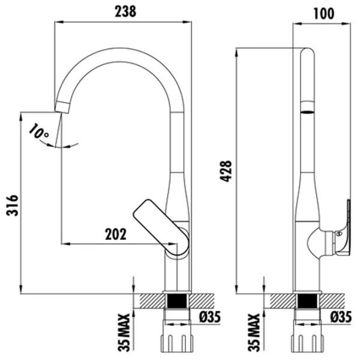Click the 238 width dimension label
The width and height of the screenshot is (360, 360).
[125, 11]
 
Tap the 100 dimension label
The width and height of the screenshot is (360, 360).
[324, 14]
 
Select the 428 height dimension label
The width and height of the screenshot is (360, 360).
[226, 172]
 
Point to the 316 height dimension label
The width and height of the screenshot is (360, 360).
[12, 205]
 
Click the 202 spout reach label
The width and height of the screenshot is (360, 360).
[116, 234]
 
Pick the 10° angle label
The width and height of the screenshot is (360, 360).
[38, 131]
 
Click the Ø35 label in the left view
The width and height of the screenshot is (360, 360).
[210, 317]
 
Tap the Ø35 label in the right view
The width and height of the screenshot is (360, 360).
[341, 317]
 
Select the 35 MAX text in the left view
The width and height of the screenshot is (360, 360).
[124, 332]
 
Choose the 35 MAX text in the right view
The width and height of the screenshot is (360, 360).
[254, 332]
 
